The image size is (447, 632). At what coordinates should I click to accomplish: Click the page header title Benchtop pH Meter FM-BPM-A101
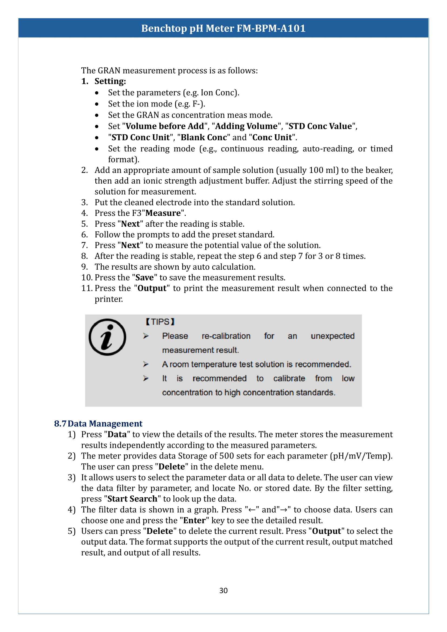tap(223, 28)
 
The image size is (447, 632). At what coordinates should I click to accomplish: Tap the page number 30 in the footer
tap(223, 590)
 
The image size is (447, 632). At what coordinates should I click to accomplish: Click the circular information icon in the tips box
tap(107, 337)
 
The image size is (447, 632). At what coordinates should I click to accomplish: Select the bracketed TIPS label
tap(160, 322)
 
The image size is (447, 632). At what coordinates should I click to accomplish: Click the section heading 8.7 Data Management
tap(98, 423)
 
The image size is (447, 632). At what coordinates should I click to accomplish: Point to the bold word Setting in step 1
tap(110, 81)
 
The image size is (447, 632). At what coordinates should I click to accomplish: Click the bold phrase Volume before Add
tap(165, 126)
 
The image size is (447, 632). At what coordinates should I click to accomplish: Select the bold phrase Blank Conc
tap(204, 137)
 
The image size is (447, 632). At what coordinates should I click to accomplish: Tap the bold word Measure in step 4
tap(163, 213)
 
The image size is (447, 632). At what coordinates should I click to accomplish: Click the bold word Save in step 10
tap(145, 277)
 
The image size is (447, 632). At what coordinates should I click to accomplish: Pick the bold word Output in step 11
tap(152, 288)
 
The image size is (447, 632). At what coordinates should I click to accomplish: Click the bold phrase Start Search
tap(132, 499)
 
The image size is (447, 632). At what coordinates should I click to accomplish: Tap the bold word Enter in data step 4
tap(194, 520)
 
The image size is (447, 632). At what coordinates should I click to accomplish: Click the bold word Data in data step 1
tap(117, 434)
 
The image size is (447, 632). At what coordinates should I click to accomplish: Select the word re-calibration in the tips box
tap(226, 336)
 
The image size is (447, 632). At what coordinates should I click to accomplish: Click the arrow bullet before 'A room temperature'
tap(146, 364)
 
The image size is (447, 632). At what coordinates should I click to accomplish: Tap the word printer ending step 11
tap(108, 299)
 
